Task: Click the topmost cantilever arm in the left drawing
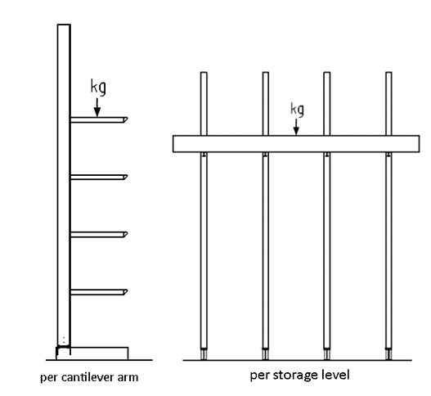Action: [x=99, y=120]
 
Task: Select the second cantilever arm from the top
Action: [x=99, y=177]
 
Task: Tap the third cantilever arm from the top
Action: [x=99, y=235]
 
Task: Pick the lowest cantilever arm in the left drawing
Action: [x=99, y=292]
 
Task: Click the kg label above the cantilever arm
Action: [x=98, y=88]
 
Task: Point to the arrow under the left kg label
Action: [x=97, y=107]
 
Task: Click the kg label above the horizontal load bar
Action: [x=298, y=110]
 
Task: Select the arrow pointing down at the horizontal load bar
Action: [x=296, y=127]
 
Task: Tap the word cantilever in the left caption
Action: [x=88, y=377]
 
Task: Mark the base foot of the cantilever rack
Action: [x=92, y=353]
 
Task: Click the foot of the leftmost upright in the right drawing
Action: [x=204, y=354]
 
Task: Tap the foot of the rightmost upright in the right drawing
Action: [x=388, y=354]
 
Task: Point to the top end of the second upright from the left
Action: [x=266, y=73]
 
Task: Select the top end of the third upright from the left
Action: [x=327, y=73]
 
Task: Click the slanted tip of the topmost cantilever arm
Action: [x=126, y=120]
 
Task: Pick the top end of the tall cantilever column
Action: [x=64, y=25]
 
